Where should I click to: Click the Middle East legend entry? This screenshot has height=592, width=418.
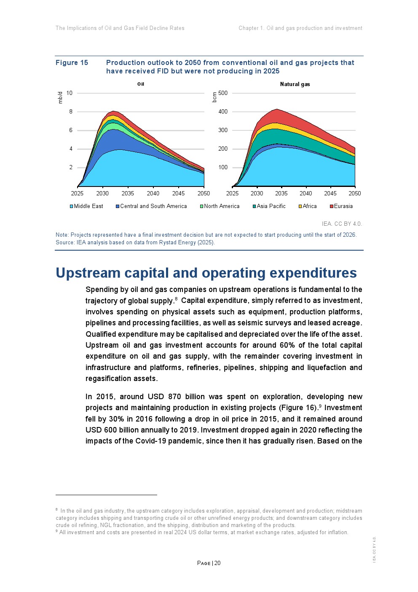coord(86,206)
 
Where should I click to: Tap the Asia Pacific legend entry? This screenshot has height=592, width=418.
coord(269,206)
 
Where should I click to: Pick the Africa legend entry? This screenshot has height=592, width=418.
coord(308,206)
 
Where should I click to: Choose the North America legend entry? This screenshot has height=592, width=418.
coord(220,206)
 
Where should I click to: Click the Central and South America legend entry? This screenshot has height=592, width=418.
coord(151,206)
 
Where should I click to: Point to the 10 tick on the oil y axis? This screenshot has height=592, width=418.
coord(70,93)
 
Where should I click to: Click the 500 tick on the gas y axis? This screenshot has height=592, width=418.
coord(223,93)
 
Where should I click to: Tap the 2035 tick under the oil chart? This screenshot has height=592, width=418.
coord(128,193)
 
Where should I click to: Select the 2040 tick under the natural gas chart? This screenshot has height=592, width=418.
coord(306,193)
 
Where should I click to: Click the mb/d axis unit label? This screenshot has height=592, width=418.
coord(60,97)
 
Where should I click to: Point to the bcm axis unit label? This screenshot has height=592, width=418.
coord(214,97)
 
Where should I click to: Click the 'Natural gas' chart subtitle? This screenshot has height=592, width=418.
coord(295,84)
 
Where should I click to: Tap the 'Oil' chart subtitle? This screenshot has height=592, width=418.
coord(141,84)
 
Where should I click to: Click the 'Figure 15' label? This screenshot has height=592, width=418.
coord(72,63)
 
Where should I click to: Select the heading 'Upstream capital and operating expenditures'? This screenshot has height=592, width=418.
coord(206,273)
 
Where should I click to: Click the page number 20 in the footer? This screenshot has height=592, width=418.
coord(217,563)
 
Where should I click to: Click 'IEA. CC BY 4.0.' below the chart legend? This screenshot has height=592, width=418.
coord(342,224)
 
